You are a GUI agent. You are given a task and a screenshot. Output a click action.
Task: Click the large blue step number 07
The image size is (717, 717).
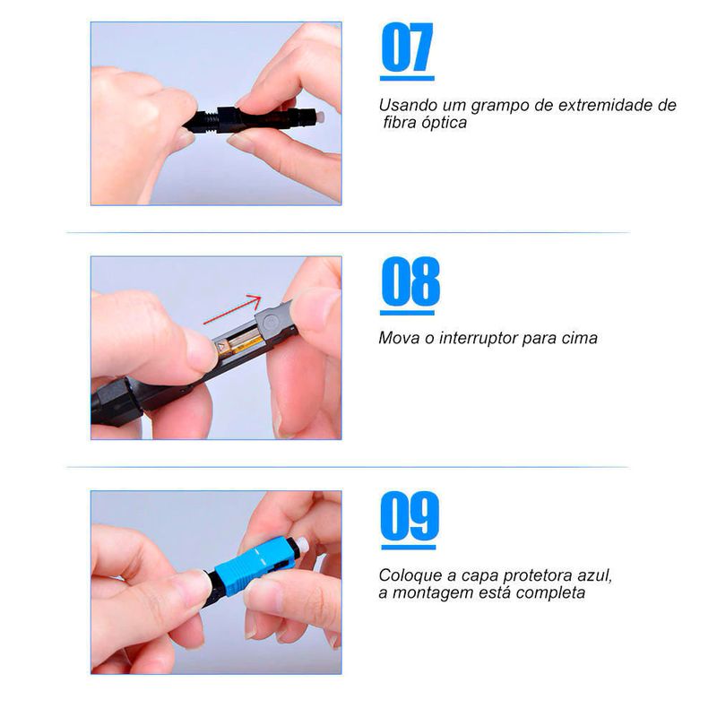407,48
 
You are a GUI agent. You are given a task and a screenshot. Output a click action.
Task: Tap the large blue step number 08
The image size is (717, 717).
410,281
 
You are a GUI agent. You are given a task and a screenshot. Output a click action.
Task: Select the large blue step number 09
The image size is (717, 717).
410,516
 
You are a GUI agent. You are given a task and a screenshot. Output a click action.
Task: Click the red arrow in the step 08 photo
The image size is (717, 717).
232,309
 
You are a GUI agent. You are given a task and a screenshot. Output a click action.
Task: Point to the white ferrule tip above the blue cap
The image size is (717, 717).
303,546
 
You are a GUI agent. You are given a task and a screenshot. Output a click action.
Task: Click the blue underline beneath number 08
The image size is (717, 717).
407,313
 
